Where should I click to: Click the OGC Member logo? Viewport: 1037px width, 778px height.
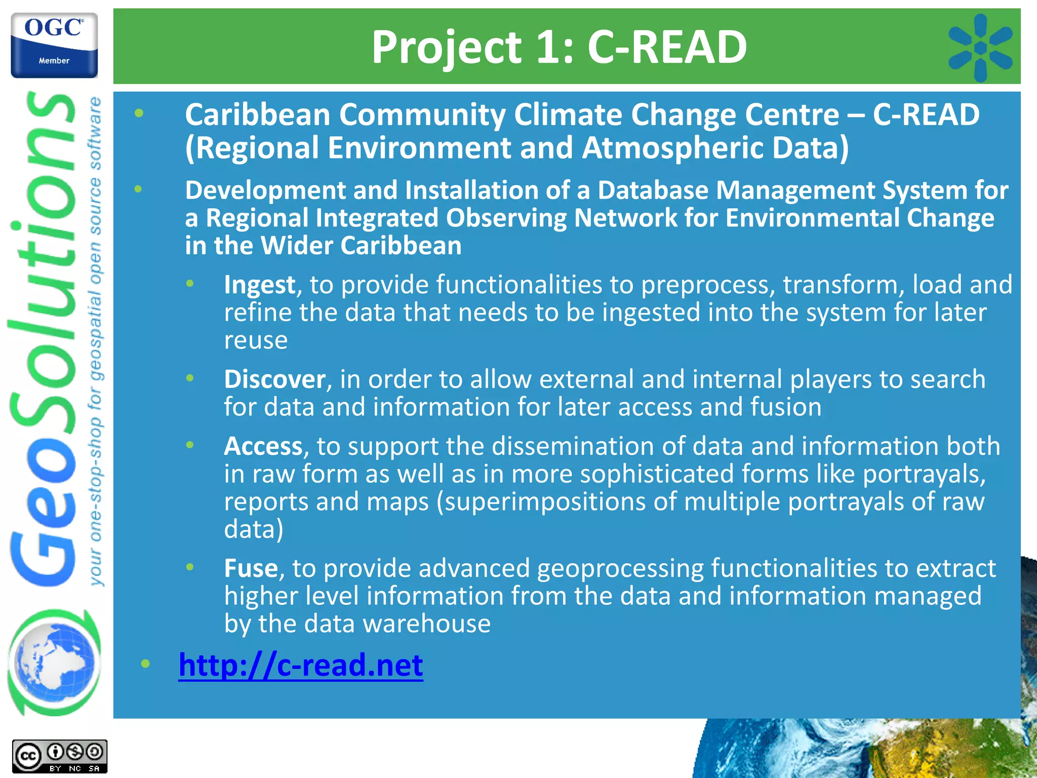(54, 45)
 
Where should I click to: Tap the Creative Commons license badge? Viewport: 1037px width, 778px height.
(60, 757)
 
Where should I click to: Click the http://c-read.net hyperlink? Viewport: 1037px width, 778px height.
(301, 665)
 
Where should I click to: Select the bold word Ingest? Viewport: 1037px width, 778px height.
(260, 285)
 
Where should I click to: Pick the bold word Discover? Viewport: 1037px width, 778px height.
(275, 379)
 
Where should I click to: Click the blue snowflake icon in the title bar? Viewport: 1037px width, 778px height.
(980, 48)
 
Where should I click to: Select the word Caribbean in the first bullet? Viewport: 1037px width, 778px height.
(258, 115)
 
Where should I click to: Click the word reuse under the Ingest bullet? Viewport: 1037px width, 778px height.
(256, 340)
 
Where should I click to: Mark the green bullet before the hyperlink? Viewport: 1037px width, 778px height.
(145, 664)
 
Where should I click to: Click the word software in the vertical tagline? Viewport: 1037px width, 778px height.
(95, 134)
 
